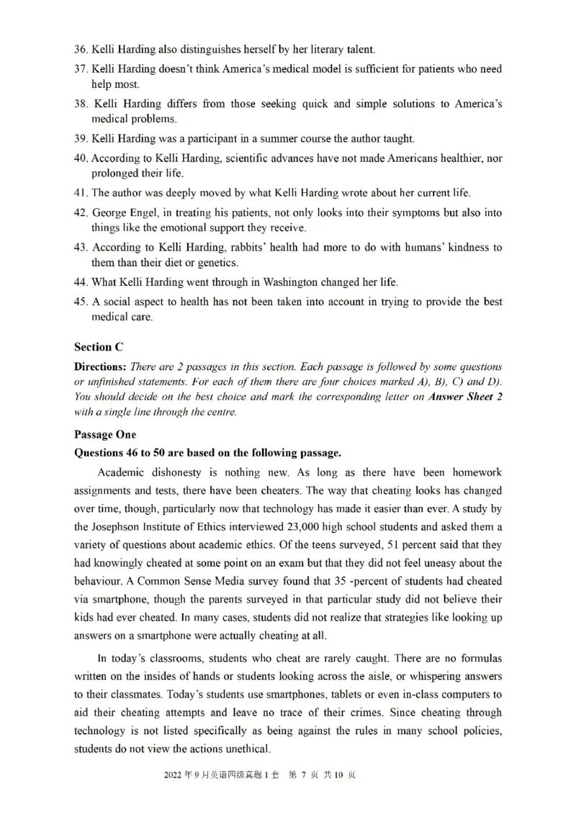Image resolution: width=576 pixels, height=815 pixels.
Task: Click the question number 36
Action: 81,50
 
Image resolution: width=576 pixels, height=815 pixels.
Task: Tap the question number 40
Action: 81,158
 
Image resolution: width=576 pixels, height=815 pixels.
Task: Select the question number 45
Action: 81,302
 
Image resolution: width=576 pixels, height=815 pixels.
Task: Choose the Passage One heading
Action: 105,435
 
